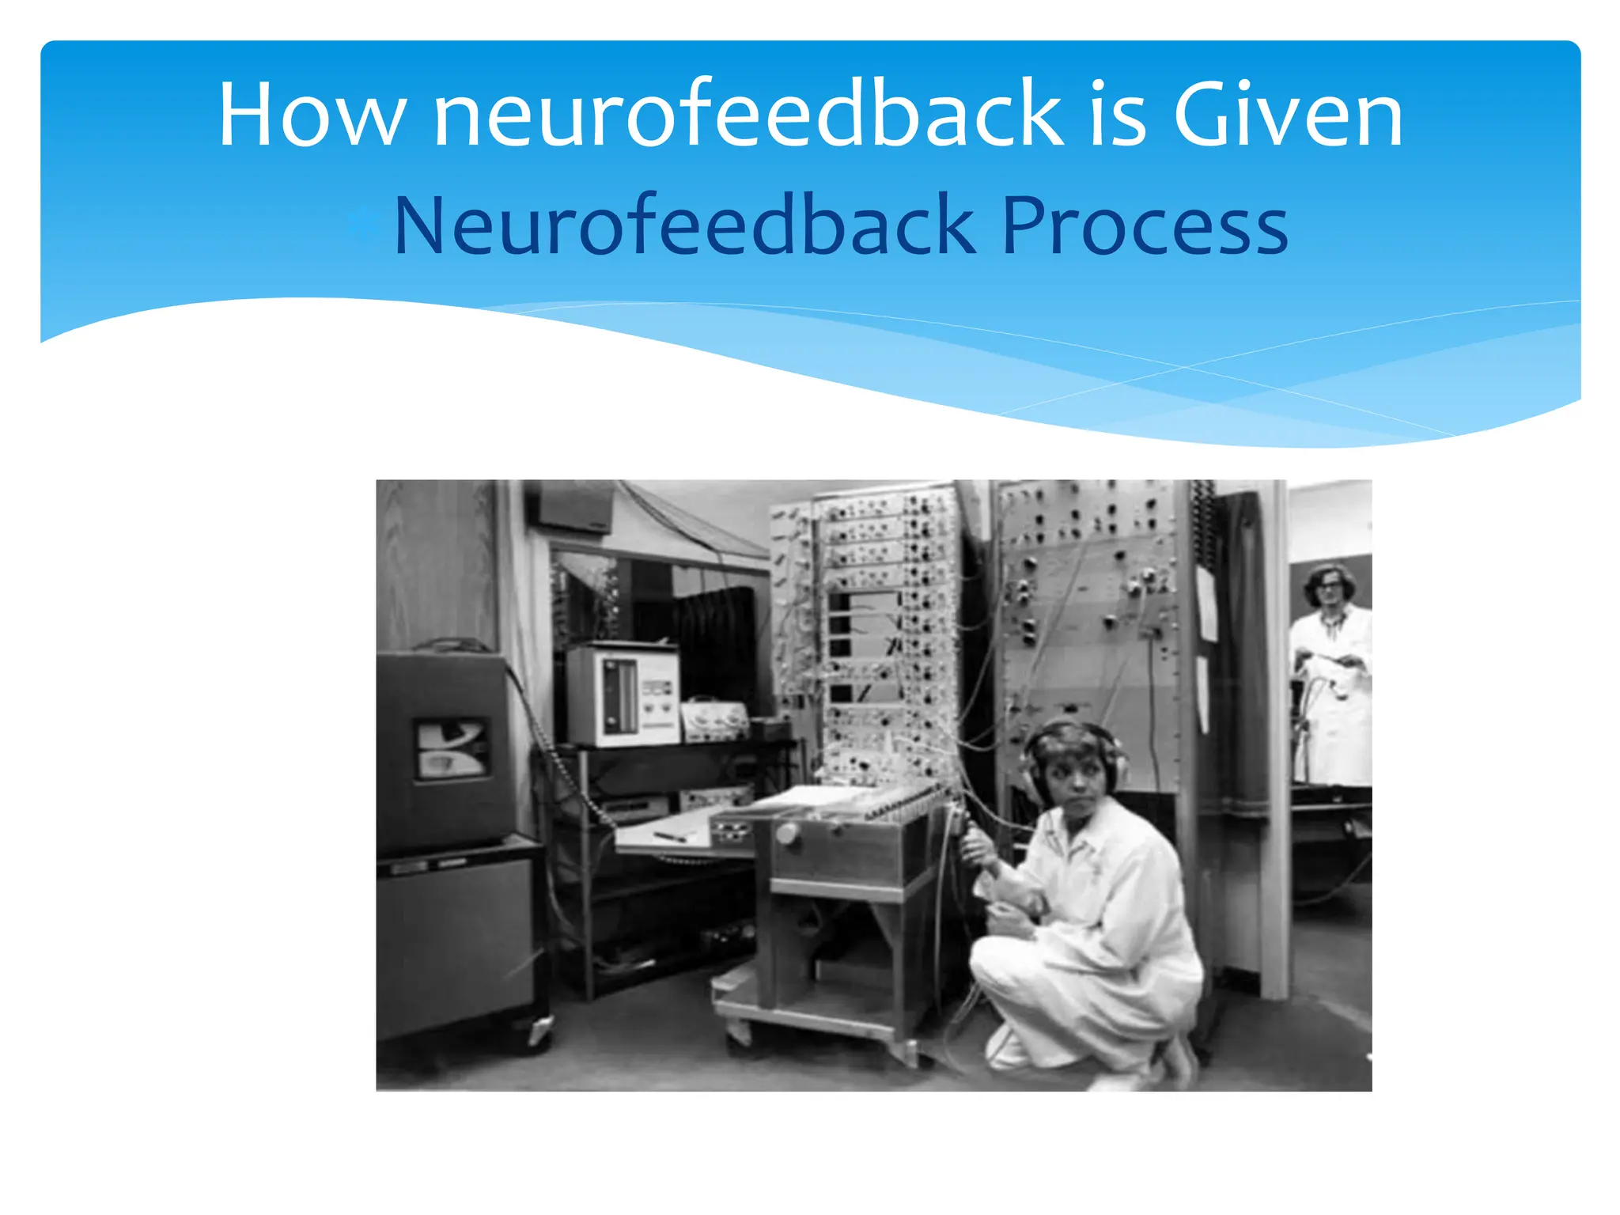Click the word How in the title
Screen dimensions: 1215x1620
click(x=312, y=115)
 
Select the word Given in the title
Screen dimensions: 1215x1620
click(x=1287, y=115)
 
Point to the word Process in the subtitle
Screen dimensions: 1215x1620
click(x=1145, y=227)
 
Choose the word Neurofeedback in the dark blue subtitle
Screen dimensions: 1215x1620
click(x=684, y=227)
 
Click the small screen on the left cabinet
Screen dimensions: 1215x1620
click(x=451, y=748)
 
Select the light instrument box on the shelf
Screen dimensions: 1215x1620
click(x=623, y=694)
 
